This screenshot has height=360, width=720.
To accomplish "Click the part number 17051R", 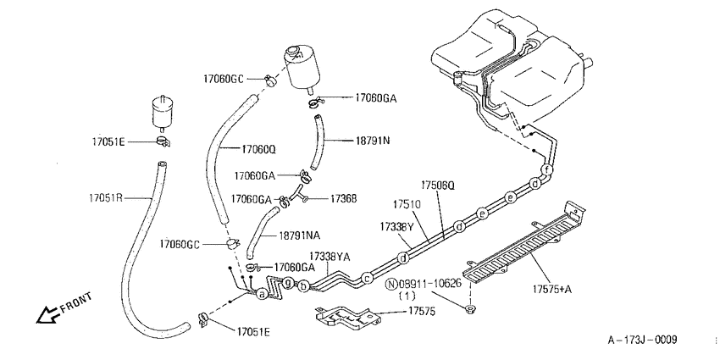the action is pos(106,198).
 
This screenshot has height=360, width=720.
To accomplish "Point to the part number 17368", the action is pos(343,198).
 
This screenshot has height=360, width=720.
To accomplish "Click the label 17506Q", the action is pos(439,185).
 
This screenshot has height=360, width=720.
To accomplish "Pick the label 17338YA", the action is pos(330,256).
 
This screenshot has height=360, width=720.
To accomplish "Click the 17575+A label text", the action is pos(552,289).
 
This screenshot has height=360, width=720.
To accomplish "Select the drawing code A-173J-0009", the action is pos(642,340).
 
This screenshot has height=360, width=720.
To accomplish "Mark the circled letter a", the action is pos(262,294).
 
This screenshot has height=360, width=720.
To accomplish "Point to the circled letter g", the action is pos(288,282).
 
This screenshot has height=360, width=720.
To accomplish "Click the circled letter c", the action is pos(367,278).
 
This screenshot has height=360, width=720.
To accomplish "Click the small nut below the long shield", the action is pos(470,309).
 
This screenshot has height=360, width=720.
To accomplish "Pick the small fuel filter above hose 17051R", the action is pos(161,111).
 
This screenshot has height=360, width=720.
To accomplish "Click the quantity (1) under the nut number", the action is pos(407,296).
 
